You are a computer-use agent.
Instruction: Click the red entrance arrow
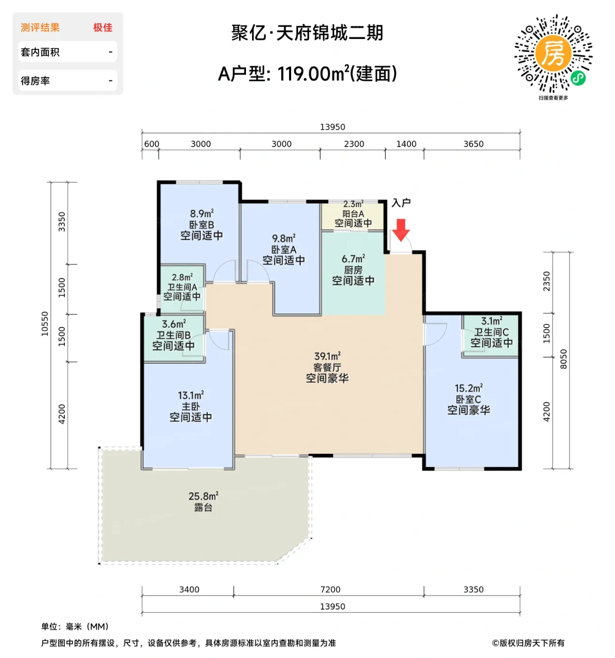pyautogui.click(x=400, y=230)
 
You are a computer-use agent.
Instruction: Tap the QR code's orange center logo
pyautogui.click(x=553, y=53)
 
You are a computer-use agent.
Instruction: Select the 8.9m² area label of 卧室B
pyautogui.click(x=201, y=214)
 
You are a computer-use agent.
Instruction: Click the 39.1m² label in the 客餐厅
pyautogui.click(x=327, y=356)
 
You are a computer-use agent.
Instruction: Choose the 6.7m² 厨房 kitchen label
pyautogui.click(x=353, y=259)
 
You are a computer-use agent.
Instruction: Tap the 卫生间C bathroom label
pyautogui.click(x=491, y=332)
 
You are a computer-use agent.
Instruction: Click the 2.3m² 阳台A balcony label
pyautogui.click(x=353, y=204)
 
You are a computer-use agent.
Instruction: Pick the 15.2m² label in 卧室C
pyautogui.click(x=468, y=389)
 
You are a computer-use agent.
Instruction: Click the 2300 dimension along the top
pyautogui.click(x=354, y=144)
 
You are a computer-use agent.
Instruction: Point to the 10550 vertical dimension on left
pyautogui.click(x=45, y=323)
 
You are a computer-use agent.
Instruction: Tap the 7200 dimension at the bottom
pyautogui.click(x=330, y=589)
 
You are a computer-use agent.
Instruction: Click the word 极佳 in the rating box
pyautogui.click(x=103, y=28)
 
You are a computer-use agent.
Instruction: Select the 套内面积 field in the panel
pyautogui.click(x=40, y=52)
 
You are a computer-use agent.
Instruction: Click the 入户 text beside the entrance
pyautogui.click(x=401, y=203)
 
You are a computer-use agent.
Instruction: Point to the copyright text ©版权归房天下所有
pyautogui.click(x=528, y=642)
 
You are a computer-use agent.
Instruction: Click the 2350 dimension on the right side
pyautogui.click(x=546, y=281)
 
